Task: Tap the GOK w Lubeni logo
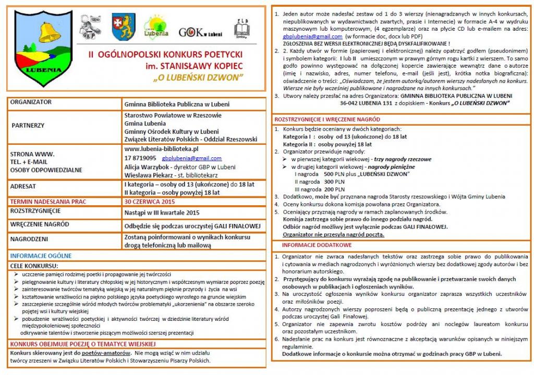[200, 32]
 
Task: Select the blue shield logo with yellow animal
[124, 27]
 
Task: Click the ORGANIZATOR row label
[31, 102]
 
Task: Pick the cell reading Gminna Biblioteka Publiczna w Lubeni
[177, 104]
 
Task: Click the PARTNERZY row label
[29, 126]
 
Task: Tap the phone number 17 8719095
[140, 158]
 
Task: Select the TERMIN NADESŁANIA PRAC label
[48, 201]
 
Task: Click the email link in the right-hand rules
[312, 37]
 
